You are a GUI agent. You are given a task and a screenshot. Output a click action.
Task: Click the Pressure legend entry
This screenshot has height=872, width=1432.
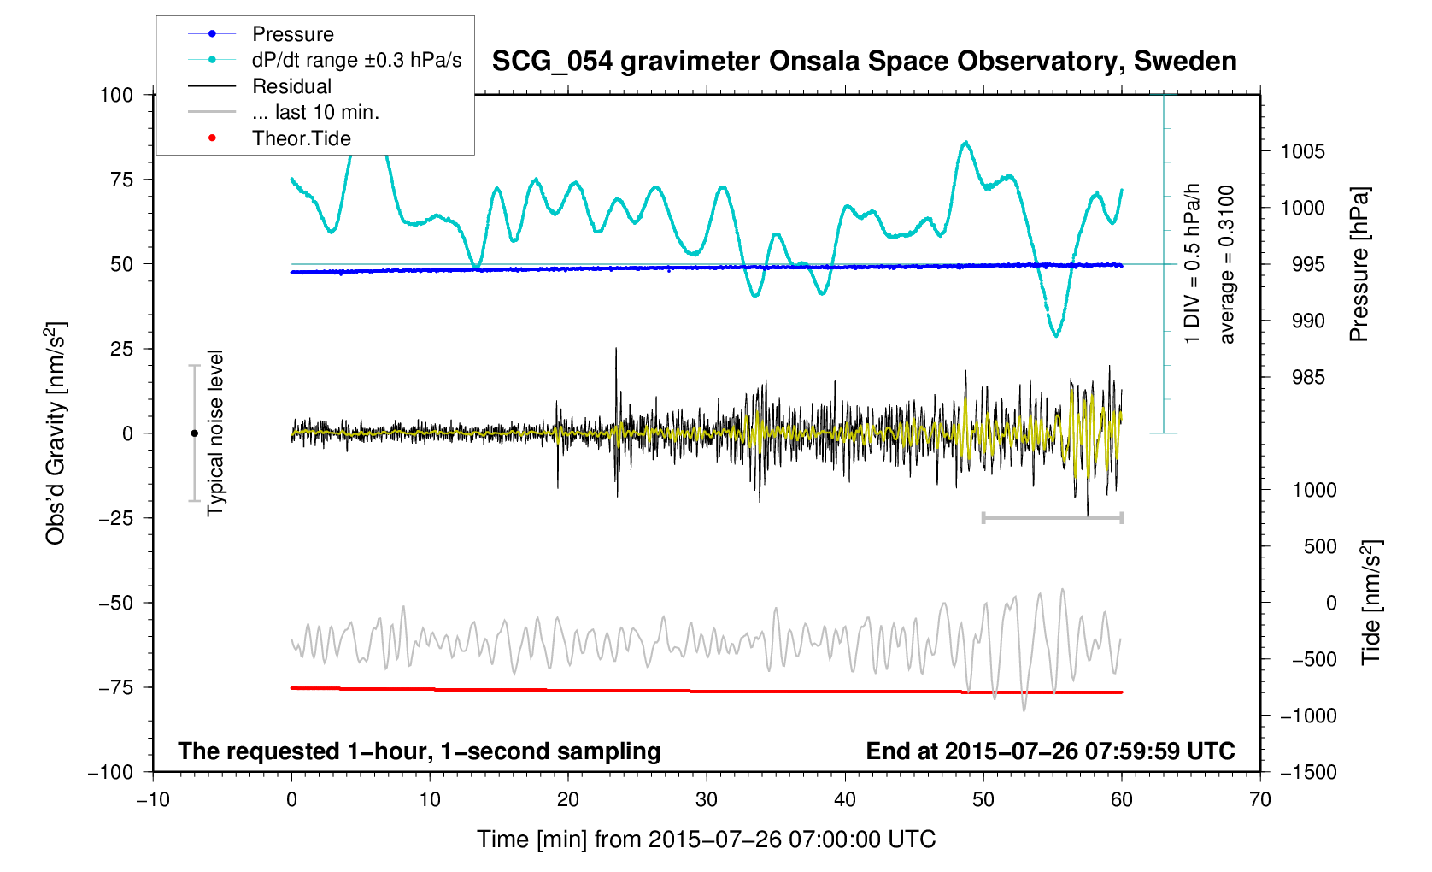[292, 34]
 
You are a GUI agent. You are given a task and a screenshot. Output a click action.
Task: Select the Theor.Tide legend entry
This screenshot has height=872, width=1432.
[301, 138]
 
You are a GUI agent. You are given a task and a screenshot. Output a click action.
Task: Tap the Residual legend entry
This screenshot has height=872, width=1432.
[291, 86]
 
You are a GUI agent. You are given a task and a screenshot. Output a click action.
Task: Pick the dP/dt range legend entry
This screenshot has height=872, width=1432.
[356, 60]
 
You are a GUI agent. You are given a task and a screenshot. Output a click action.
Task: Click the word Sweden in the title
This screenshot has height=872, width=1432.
[1185, 62]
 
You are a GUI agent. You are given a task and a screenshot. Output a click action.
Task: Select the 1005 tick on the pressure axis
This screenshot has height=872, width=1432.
[1303, 152]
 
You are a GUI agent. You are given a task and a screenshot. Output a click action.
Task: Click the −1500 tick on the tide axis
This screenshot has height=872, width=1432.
[1308, 772]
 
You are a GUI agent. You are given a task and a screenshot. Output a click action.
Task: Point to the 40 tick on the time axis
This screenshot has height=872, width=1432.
[845, 800]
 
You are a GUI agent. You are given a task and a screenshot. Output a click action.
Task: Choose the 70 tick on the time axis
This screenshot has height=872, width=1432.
[1259, 800]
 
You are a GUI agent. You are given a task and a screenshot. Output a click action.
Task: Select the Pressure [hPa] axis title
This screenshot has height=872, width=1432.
[1359, 265]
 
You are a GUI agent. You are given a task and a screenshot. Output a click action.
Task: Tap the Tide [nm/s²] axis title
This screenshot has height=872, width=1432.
[1371, 603]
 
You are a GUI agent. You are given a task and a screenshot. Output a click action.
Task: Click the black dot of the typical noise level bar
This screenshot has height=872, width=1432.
[194, 433]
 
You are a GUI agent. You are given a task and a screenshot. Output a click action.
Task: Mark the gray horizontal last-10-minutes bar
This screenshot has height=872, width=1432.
[1052, 517]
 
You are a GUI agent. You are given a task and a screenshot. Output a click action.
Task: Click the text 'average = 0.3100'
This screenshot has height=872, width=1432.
[1227, 265]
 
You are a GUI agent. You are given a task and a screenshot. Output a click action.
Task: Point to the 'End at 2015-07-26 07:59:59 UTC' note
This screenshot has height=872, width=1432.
[1050, 751]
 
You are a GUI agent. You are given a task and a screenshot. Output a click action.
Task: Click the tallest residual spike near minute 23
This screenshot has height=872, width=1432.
[616, 351]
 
